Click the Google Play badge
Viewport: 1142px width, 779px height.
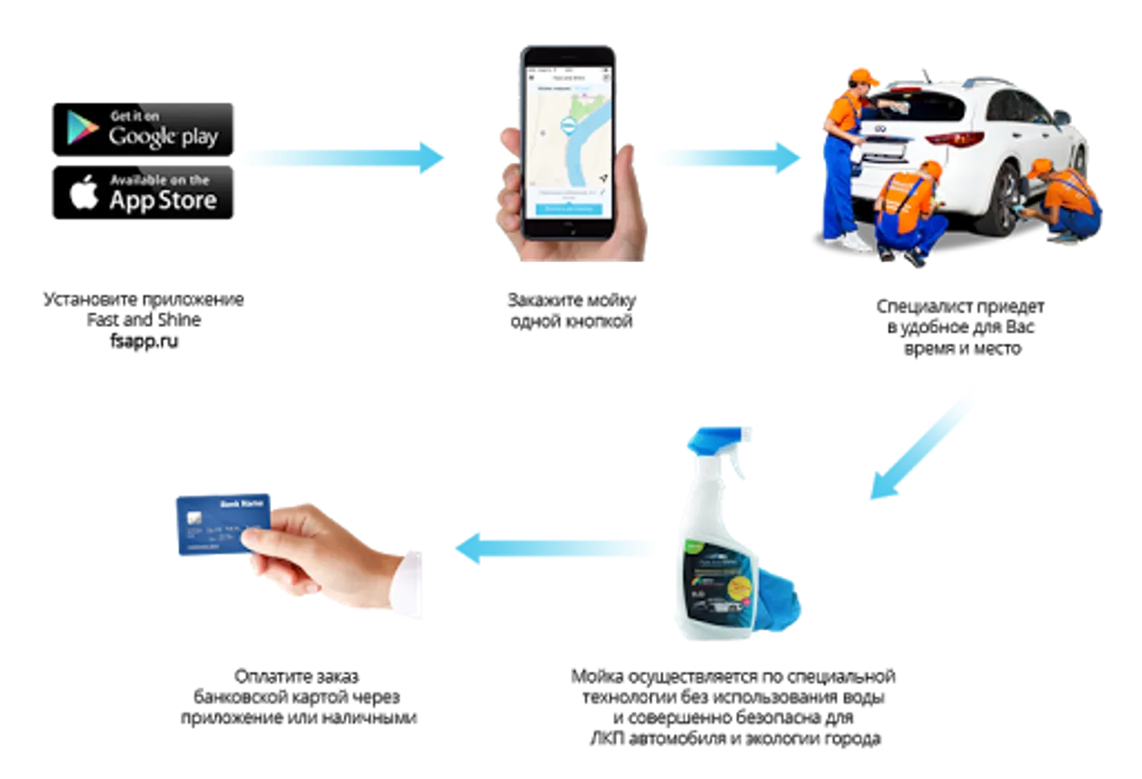click(x=150, y=128)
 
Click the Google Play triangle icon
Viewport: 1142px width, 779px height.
click(x=83, y=128)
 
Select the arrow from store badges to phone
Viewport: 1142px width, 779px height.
click(x=343, y=158)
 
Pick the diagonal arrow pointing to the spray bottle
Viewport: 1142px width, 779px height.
click(x=926, y=442)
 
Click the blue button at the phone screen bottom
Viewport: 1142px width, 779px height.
click(x=568, y=209)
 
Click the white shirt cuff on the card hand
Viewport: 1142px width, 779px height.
click(x=414, y=584)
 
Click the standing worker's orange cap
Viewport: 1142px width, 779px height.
click(x=863, y=75)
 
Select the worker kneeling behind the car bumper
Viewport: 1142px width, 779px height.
click(x=908, y=212)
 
